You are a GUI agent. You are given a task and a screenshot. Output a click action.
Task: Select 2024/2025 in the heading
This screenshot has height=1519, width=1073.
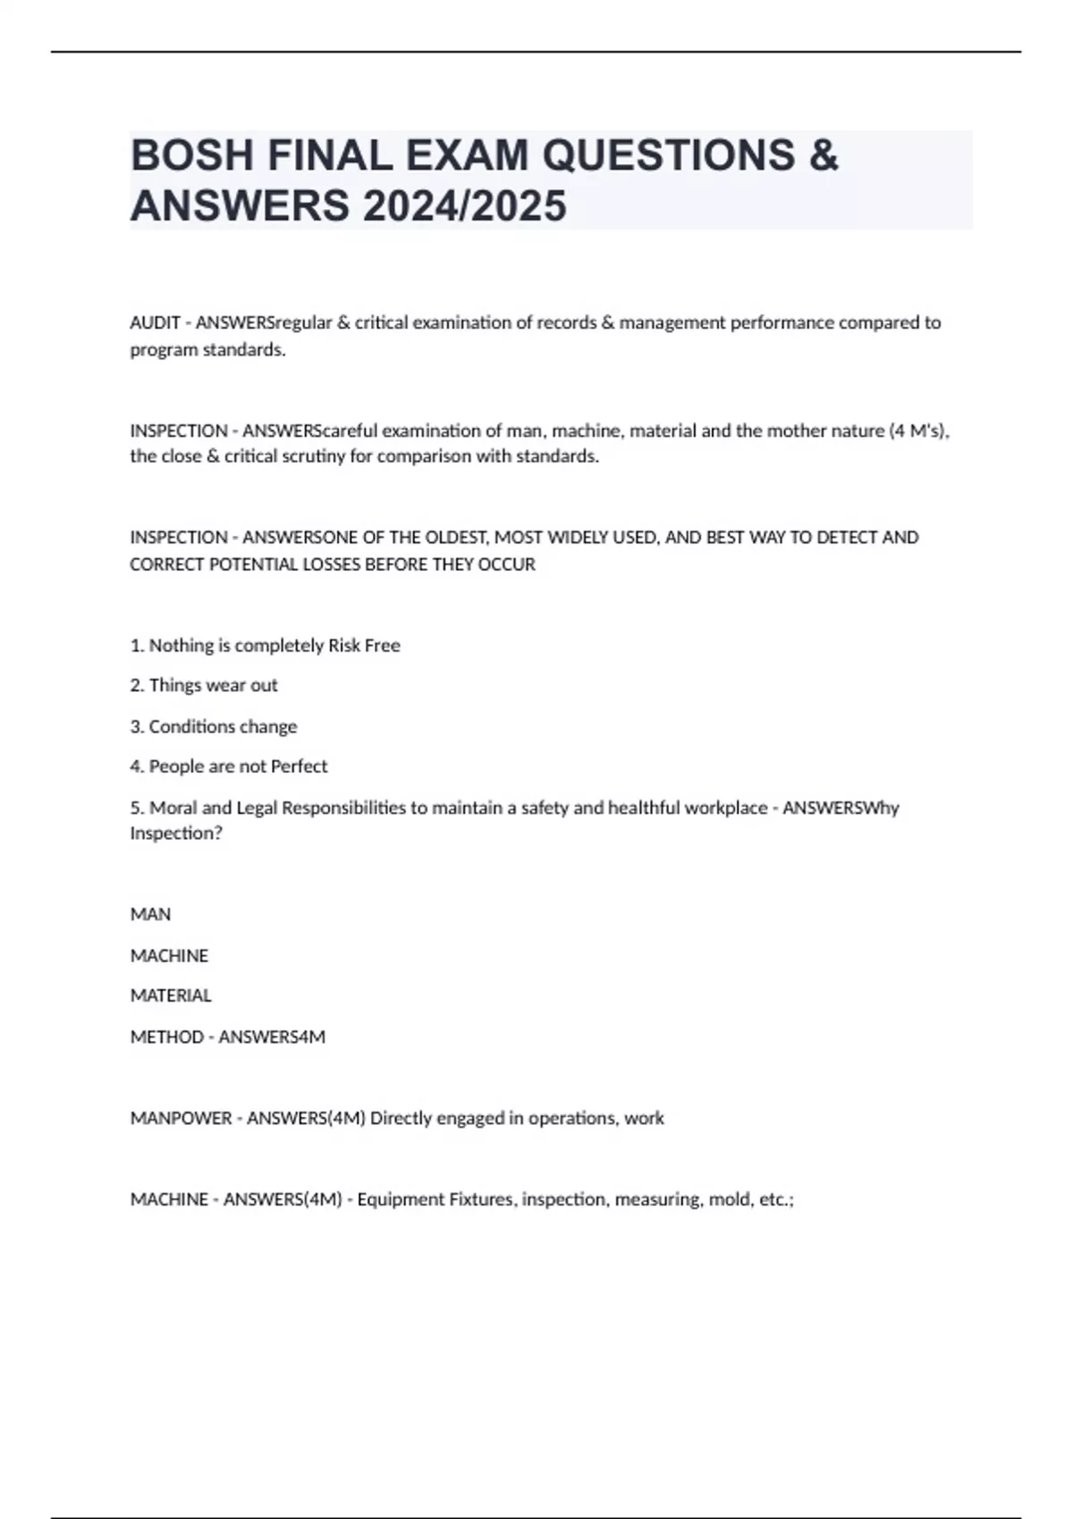click(x=464, y=206)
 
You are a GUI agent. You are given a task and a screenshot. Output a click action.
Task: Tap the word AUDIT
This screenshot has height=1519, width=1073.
click(x=155, y=323)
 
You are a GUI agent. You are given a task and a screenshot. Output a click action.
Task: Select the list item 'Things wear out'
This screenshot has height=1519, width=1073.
click(x=213, y=685)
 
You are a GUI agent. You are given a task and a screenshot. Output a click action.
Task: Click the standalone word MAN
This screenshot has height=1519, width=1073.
click(x=150, y=915)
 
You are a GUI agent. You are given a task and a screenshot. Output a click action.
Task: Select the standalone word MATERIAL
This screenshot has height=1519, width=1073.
click(x=171, y=995)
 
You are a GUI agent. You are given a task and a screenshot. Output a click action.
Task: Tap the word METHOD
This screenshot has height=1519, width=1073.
click(x=166, y=1037)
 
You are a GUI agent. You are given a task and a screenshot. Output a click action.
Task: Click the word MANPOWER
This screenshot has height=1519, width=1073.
click(x=181, y=1119)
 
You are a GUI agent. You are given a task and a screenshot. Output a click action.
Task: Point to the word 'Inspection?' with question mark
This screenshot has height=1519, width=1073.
click(x=176, y=834)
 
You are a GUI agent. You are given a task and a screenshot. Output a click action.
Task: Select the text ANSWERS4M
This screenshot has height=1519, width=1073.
click(x=272, y=1037)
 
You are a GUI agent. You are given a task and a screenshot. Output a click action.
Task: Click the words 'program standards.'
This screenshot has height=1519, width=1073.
click(x=207, y=350)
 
